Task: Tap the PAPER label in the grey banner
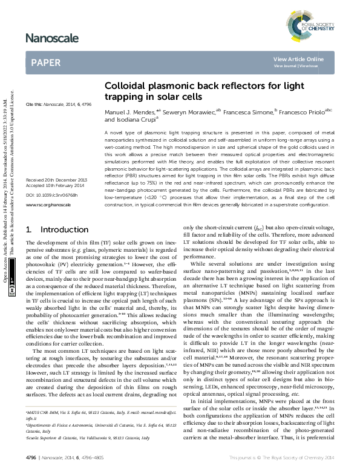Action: (46, 62)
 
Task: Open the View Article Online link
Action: (298, 59)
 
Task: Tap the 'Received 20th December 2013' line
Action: (57, 181)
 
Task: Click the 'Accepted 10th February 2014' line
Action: (57, 187)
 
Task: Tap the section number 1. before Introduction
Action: (30, 231)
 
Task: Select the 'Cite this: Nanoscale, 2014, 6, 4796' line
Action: (59, 105)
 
